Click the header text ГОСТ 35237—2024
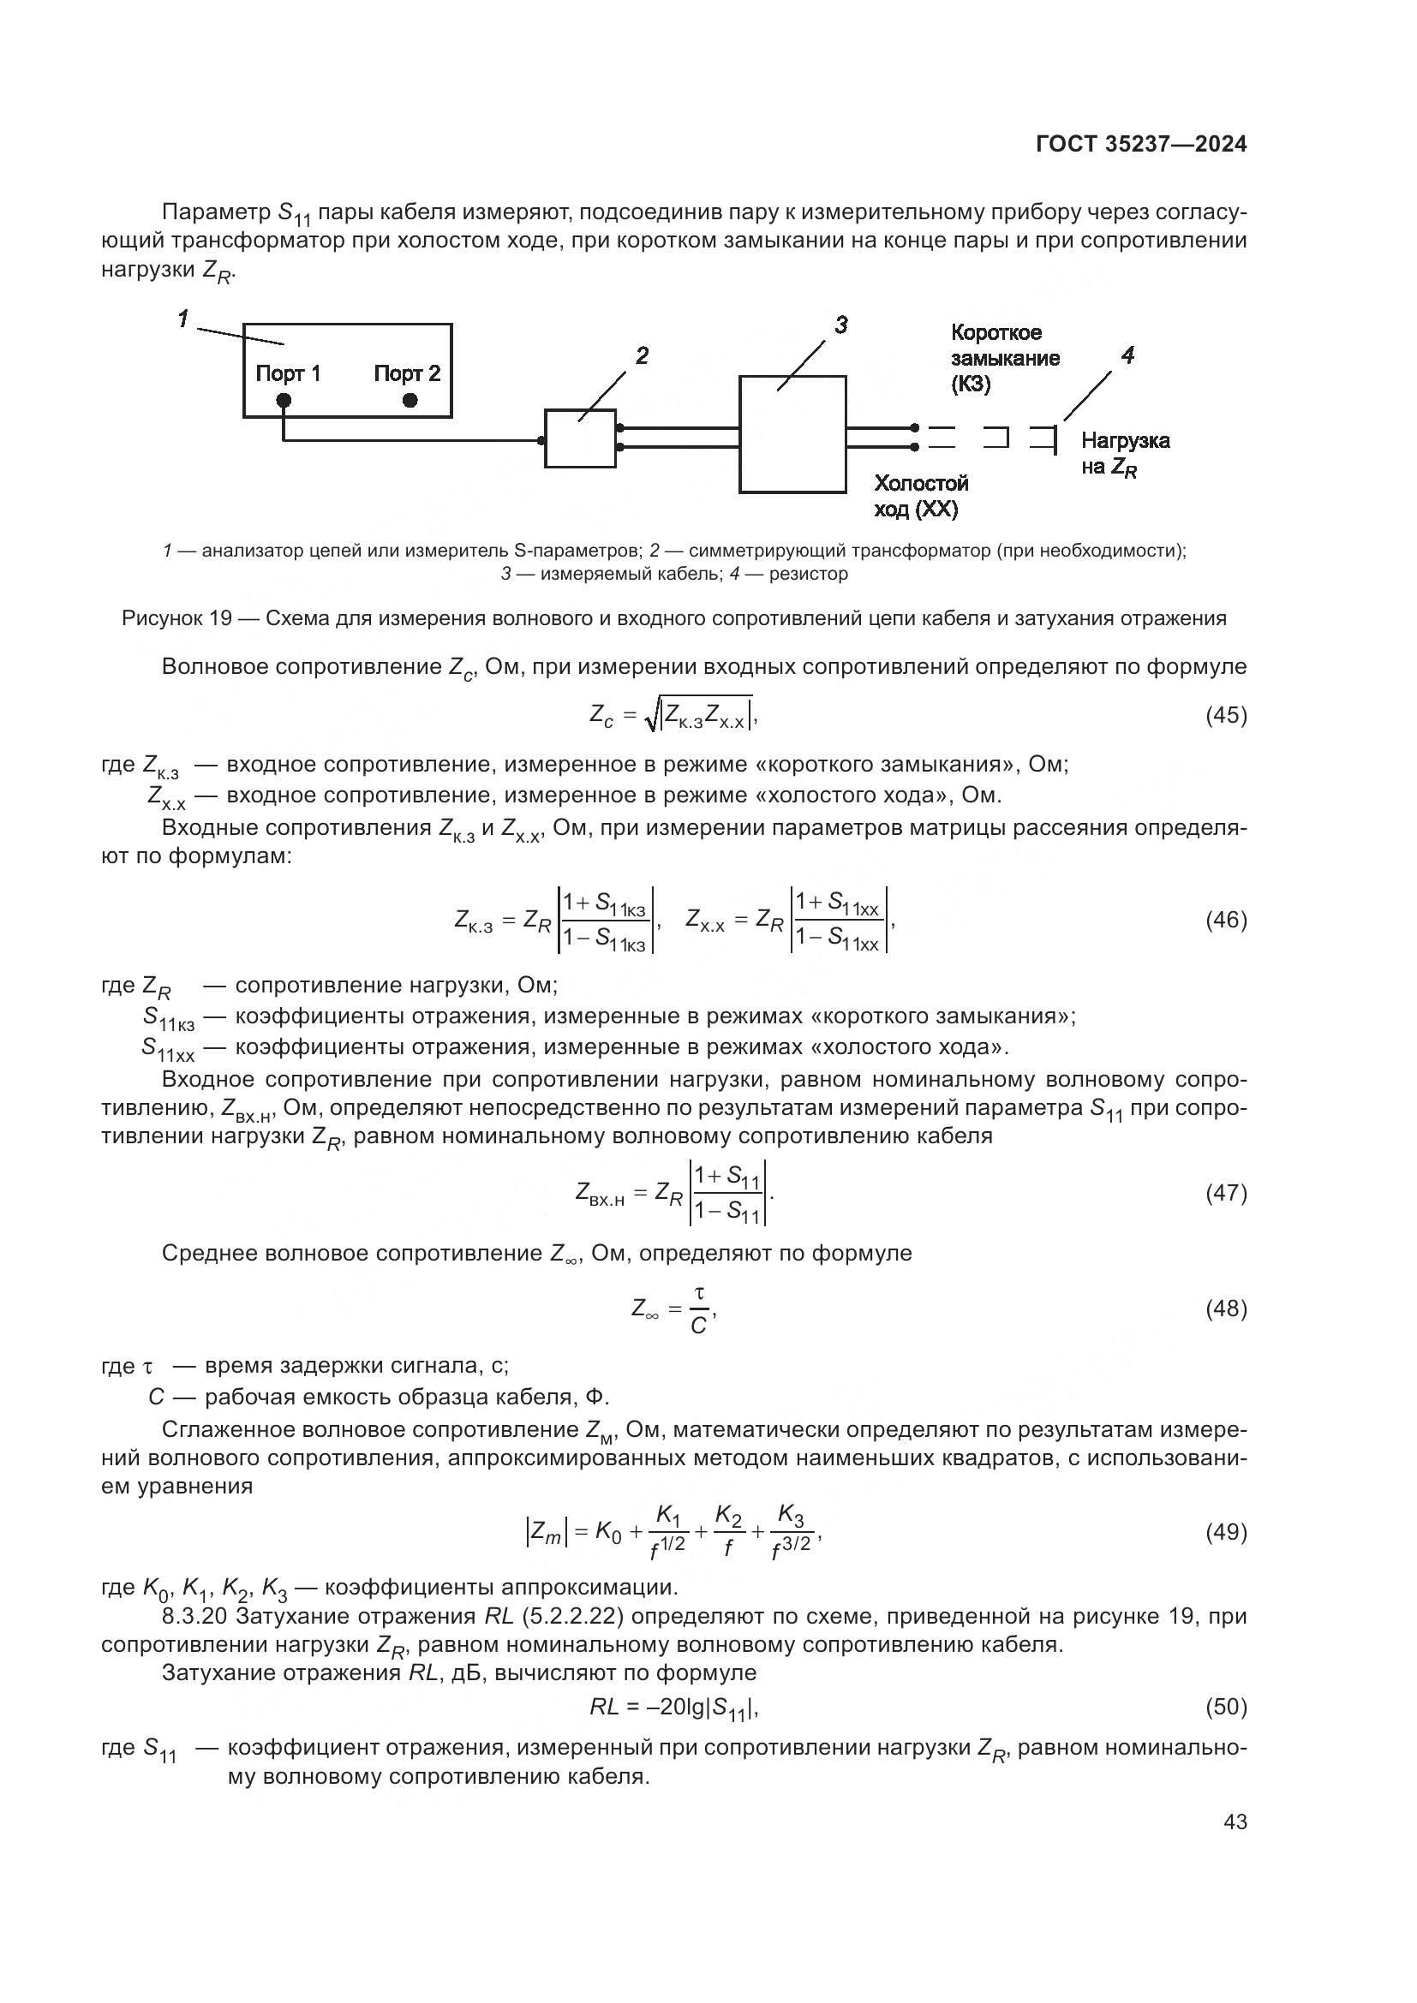pyautogui.click(x=1140, y=144)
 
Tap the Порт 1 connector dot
pyautogui.click(x=283, y=401)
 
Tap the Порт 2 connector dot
pyautogui.click(x=410, y=401)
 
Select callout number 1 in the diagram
pyautogui.click(x=183, y=319)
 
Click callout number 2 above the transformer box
pyautogui.click(x=642, y=356)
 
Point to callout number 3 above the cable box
pyautogui.click(x=840, y=325)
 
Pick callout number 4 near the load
pyautogui.click(x=1127, y=356)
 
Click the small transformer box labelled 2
pyautogui.click(x=580, y=438)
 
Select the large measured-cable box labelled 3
pyautogui.click(x=792, y=434)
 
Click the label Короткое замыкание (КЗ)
pyautogui.click(x=1004, y=358)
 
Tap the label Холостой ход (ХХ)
pyautogui.click(x=920, y=497)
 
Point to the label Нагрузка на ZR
pyautogui.click(x=1124, y=454)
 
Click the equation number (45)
pyautogui.click(x=1225, y=715)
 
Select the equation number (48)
pyautogui.click(x=1225, y=1309)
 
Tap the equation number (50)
pyautogui.click(x=1225, y=1708)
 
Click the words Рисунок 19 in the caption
pyautogui.click(x=176, y=618)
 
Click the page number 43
pyautogui.click(x=1235, y=1821)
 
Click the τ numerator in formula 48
pyautogui.click(x=698, y=1292)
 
